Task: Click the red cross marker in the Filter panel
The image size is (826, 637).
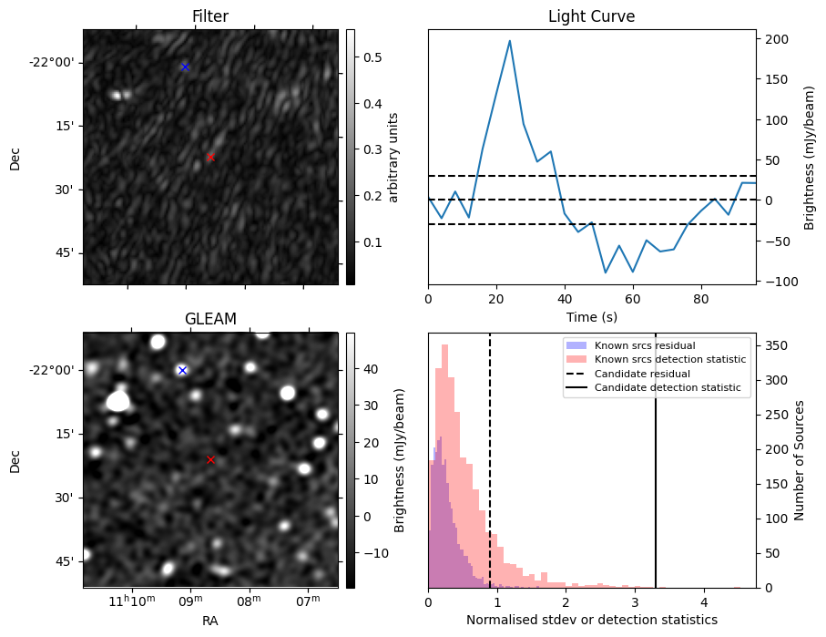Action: tap(210, 157)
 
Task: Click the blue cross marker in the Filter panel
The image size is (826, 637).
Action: tap(185, 67)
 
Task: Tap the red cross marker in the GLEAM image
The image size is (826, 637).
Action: tap(210, 459)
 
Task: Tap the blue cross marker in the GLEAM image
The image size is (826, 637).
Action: tap(182, 370)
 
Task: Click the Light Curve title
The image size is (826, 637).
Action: tap(591, 16)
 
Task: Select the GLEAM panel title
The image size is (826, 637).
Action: tap(210, 319)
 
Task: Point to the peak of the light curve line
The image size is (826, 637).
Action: tap(509, 41)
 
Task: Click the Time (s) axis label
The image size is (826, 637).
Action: tap(591, 316)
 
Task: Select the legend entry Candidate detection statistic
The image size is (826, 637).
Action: tap(670, 388)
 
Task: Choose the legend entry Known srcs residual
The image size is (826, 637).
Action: tap(645, 345)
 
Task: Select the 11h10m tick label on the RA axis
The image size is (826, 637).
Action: tap(133, 601)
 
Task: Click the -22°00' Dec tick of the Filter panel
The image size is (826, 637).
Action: tap(56, 62)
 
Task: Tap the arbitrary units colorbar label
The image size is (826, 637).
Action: tap(393, 157)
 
